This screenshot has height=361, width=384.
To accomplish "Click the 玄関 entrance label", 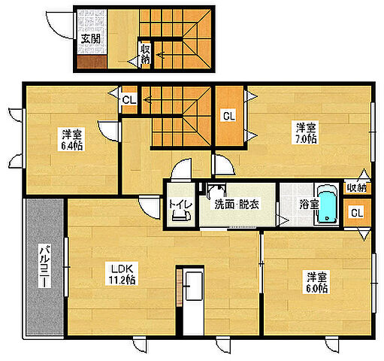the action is [91, 39].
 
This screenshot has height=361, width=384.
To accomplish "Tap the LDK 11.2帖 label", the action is [122, 274].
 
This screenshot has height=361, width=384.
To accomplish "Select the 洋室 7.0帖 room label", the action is [306, 132].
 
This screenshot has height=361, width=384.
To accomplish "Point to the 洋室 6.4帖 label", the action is [71, 140].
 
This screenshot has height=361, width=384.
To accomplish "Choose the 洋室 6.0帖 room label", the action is [317, 282].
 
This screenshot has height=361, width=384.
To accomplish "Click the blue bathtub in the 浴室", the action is [327, 204].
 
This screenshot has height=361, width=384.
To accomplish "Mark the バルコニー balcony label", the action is [45, 265].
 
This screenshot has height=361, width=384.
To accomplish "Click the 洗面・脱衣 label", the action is [237, 205].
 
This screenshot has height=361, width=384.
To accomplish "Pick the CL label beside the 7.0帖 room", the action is [229, 116].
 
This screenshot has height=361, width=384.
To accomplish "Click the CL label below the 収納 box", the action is [357, 213].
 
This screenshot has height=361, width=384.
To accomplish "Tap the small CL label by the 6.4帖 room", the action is [129, 100].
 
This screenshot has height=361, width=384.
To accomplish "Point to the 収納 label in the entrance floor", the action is [145, 54].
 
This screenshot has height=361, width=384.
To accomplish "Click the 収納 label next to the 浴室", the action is [357, 187].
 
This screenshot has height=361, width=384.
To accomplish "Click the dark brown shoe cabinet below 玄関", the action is [92, 62].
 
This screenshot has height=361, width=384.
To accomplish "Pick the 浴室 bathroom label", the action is [309, 205].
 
